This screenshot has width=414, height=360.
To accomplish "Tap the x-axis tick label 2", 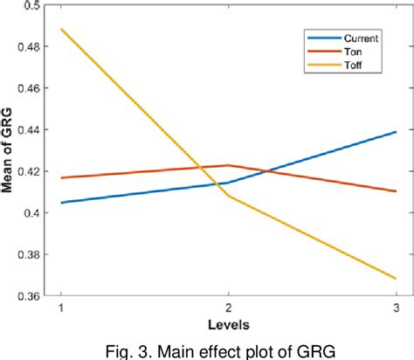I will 228,309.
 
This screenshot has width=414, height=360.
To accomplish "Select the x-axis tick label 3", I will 396,309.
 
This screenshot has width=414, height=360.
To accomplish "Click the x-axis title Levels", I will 228,324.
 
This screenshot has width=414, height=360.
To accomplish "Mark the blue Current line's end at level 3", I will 396,132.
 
